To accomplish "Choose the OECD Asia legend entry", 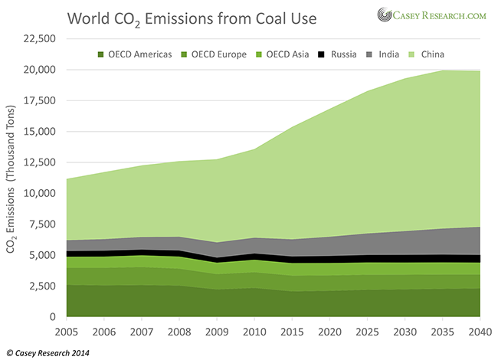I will (x=287, y=54).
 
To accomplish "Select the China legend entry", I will (x=437, y=54).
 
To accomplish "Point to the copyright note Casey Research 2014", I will (x=48, y=352).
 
